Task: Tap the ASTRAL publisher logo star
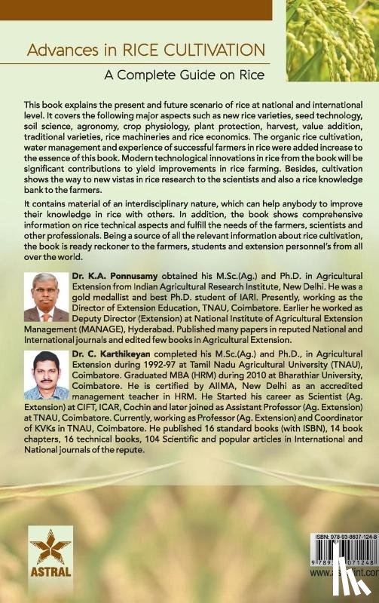coord(50,548)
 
